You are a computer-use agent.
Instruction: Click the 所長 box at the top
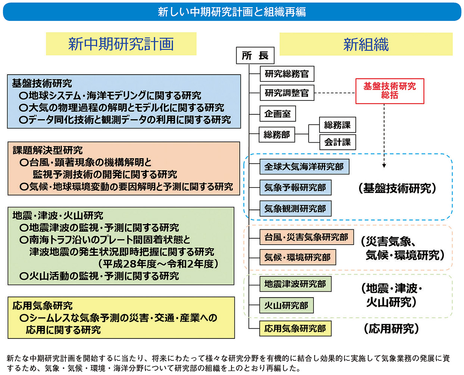tap(255, 56)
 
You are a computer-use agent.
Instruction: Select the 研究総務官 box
tap(287, 74)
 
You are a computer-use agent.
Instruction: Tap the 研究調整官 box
tap(287, 93)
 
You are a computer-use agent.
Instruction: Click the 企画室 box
tap(277, 114)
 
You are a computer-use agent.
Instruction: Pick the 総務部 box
tap(277, 134)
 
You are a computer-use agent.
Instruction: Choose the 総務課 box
tap(337, 125)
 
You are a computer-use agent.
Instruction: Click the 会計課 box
tap(337, 142)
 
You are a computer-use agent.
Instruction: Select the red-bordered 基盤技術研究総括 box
tap(390, 91)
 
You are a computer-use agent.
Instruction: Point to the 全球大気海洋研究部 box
tap(304, 167)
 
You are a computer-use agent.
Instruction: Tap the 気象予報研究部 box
tap(295, 187)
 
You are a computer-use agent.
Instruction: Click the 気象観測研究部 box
tap(295, 208)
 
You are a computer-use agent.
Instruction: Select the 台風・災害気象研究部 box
tap(306, 237)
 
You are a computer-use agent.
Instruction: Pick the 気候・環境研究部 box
tap(298, 257)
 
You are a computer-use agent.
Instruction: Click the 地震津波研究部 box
tap(295, 284)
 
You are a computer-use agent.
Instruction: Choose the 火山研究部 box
tap(286, 306)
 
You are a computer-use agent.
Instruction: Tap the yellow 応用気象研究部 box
tap(295, 329)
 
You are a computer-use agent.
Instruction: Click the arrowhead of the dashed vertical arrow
tap(384, 165)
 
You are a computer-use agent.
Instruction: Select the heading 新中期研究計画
tap(121, 44)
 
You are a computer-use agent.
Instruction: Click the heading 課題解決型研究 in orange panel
tap(48, 150)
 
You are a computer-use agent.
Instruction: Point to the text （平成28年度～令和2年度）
tap(158, 264)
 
